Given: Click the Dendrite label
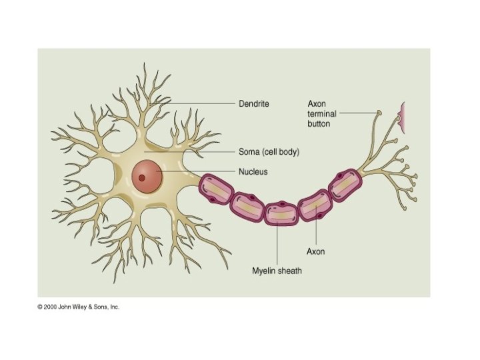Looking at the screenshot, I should (253, 103).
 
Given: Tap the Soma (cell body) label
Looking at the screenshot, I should (269, 152).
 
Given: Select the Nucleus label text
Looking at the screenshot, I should (253, 172).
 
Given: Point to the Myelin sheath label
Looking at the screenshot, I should (277, 271).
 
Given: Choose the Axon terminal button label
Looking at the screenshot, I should (318, 113).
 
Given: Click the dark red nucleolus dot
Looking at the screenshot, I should (142, 178).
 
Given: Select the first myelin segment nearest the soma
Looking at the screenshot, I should (216, 189).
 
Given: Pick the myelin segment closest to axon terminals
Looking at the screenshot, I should (345, 185).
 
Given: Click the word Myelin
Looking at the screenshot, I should (264, 271).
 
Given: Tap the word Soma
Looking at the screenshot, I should (249, 152).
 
